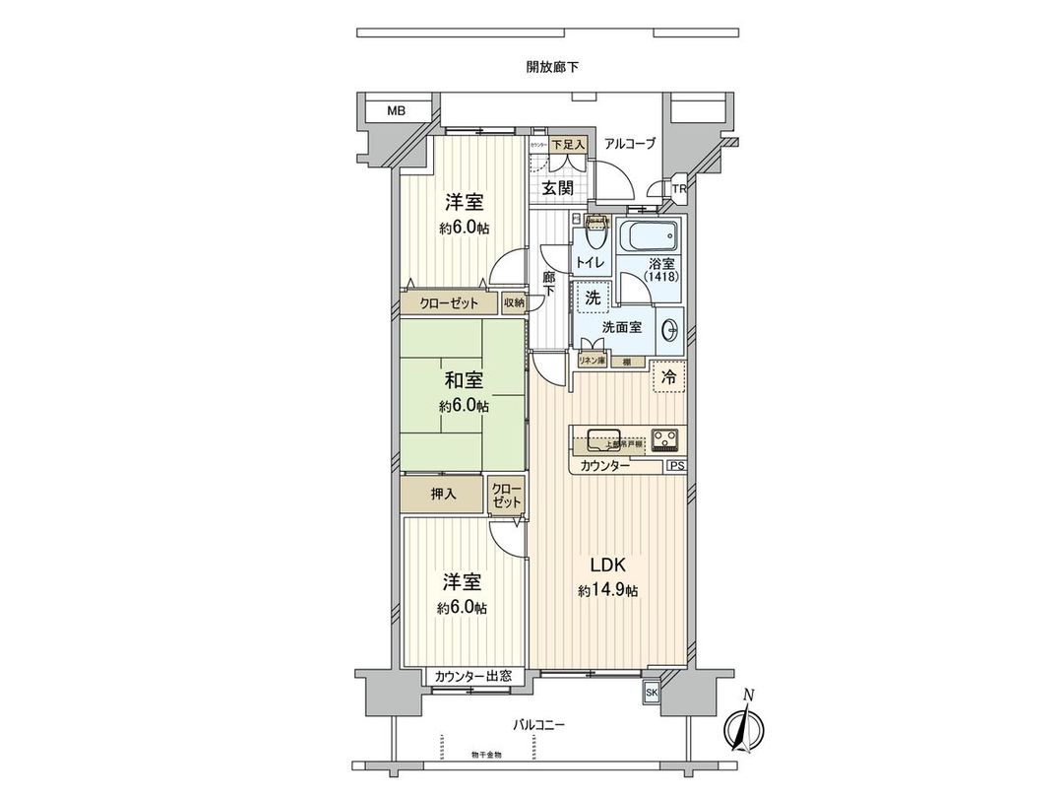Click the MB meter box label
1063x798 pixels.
tap(395, 111)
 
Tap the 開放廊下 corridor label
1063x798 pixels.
tap(551, 67)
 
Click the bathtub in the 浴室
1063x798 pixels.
tap(650, 237)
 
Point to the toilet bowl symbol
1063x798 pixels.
tap(594, 236)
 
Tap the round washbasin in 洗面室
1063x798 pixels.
tap(671, 328)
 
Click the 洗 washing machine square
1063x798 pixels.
tap(593, 296)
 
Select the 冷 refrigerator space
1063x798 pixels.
tap(668, 376)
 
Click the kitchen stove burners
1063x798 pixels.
tap(666, 438)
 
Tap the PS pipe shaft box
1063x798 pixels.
tap(676, 465)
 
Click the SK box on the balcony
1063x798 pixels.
tap(652, 694)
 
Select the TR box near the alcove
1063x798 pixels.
tap(679, 189)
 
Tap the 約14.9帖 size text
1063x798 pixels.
tap(608, 591)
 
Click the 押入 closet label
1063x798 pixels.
tap(444, 494)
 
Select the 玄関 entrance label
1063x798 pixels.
tap(557, 187)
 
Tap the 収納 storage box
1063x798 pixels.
tap(514, 303)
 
